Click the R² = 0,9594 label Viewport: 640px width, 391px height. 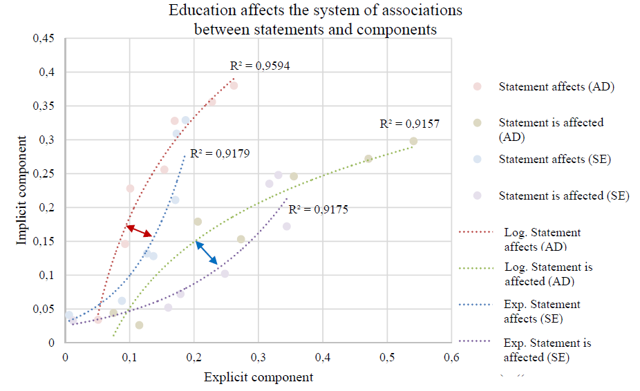(260, 66)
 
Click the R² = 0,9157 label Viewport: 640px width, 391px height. (410, 124)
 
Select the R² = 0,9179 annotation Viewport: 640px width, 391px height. (220, 154)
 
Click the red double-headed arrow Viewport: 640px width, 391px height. (140, 231)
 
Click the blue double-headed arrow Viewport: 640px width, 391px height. (207, 254)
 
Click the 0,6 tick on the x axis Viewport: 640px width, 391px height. (451, 357)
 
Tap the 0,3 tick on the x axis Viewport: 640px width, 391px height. (258, 357)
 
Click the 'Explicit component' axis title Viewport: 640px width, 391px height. (258, 377)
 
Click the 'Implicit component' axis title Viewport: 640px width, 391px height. (23, 190)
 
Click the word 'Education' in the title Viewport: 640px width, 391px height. (198, 11)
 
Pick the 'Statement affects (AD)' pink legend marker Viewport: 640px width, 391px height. (477, 87)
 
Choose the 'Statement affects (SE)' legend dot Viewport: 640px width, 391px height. (477, 160)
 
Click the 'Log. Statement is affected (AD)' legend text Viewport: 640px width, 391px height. (549, 274)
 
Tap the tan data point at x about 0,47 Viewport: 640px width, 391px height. (368, 159)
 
